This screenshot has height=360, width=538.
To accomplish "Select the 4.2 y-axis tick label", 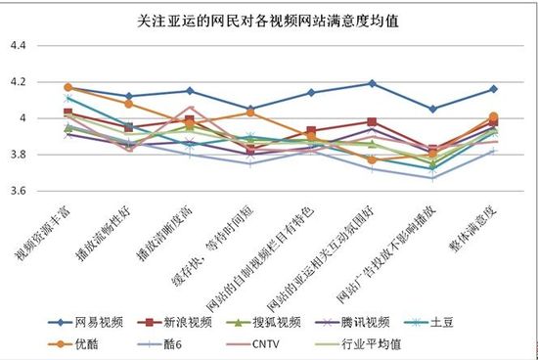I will tap(22, 82).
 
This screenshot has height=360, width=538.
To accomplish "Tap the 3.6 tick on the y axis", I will tap(22, 191).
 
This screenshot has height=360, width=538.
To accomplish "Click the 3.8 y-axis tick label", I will tap(22, 155).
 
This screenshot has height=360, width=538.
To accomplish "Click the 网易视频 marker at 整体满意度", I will tap(493, 90).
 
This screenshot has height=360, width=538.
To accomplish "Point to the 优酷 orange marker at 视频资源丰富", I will tap(68, 88).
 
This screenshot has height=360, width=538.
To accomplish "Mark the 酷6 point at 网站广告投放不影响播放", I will tap(433, 178).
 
